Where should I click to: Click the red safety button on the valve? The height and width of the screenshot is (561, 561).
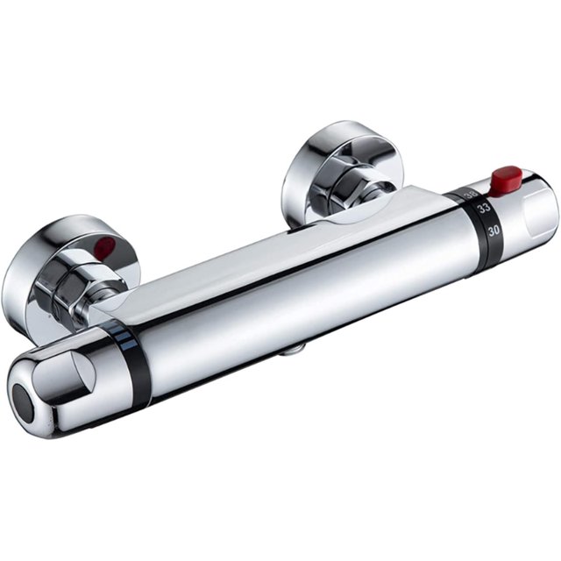pos(507,180)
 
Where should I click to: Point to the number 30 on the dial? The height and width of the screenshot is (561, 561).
pos(494,231)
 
